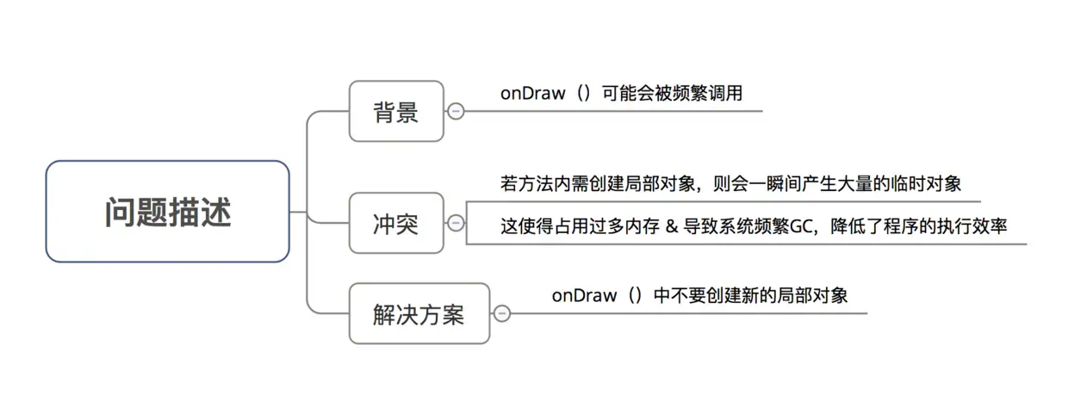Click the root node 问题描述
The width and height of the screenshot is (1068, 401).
[x=167, y=211]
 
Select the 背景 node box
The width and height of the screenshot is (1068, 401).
[x=396, y=111]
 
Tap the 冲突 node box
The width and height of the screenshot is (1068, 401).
[x=396, y=224]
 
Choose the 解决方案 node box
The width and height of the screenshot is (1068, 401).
[x=419, y=314]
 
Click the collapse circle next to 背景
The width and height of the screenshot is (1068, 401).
[x=456, y=111]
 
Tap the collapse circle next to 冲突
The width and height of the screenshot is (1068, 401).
[x=456, y=224]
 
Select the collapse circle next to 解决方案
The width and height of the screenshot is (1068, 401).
[x=501, y=314]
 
